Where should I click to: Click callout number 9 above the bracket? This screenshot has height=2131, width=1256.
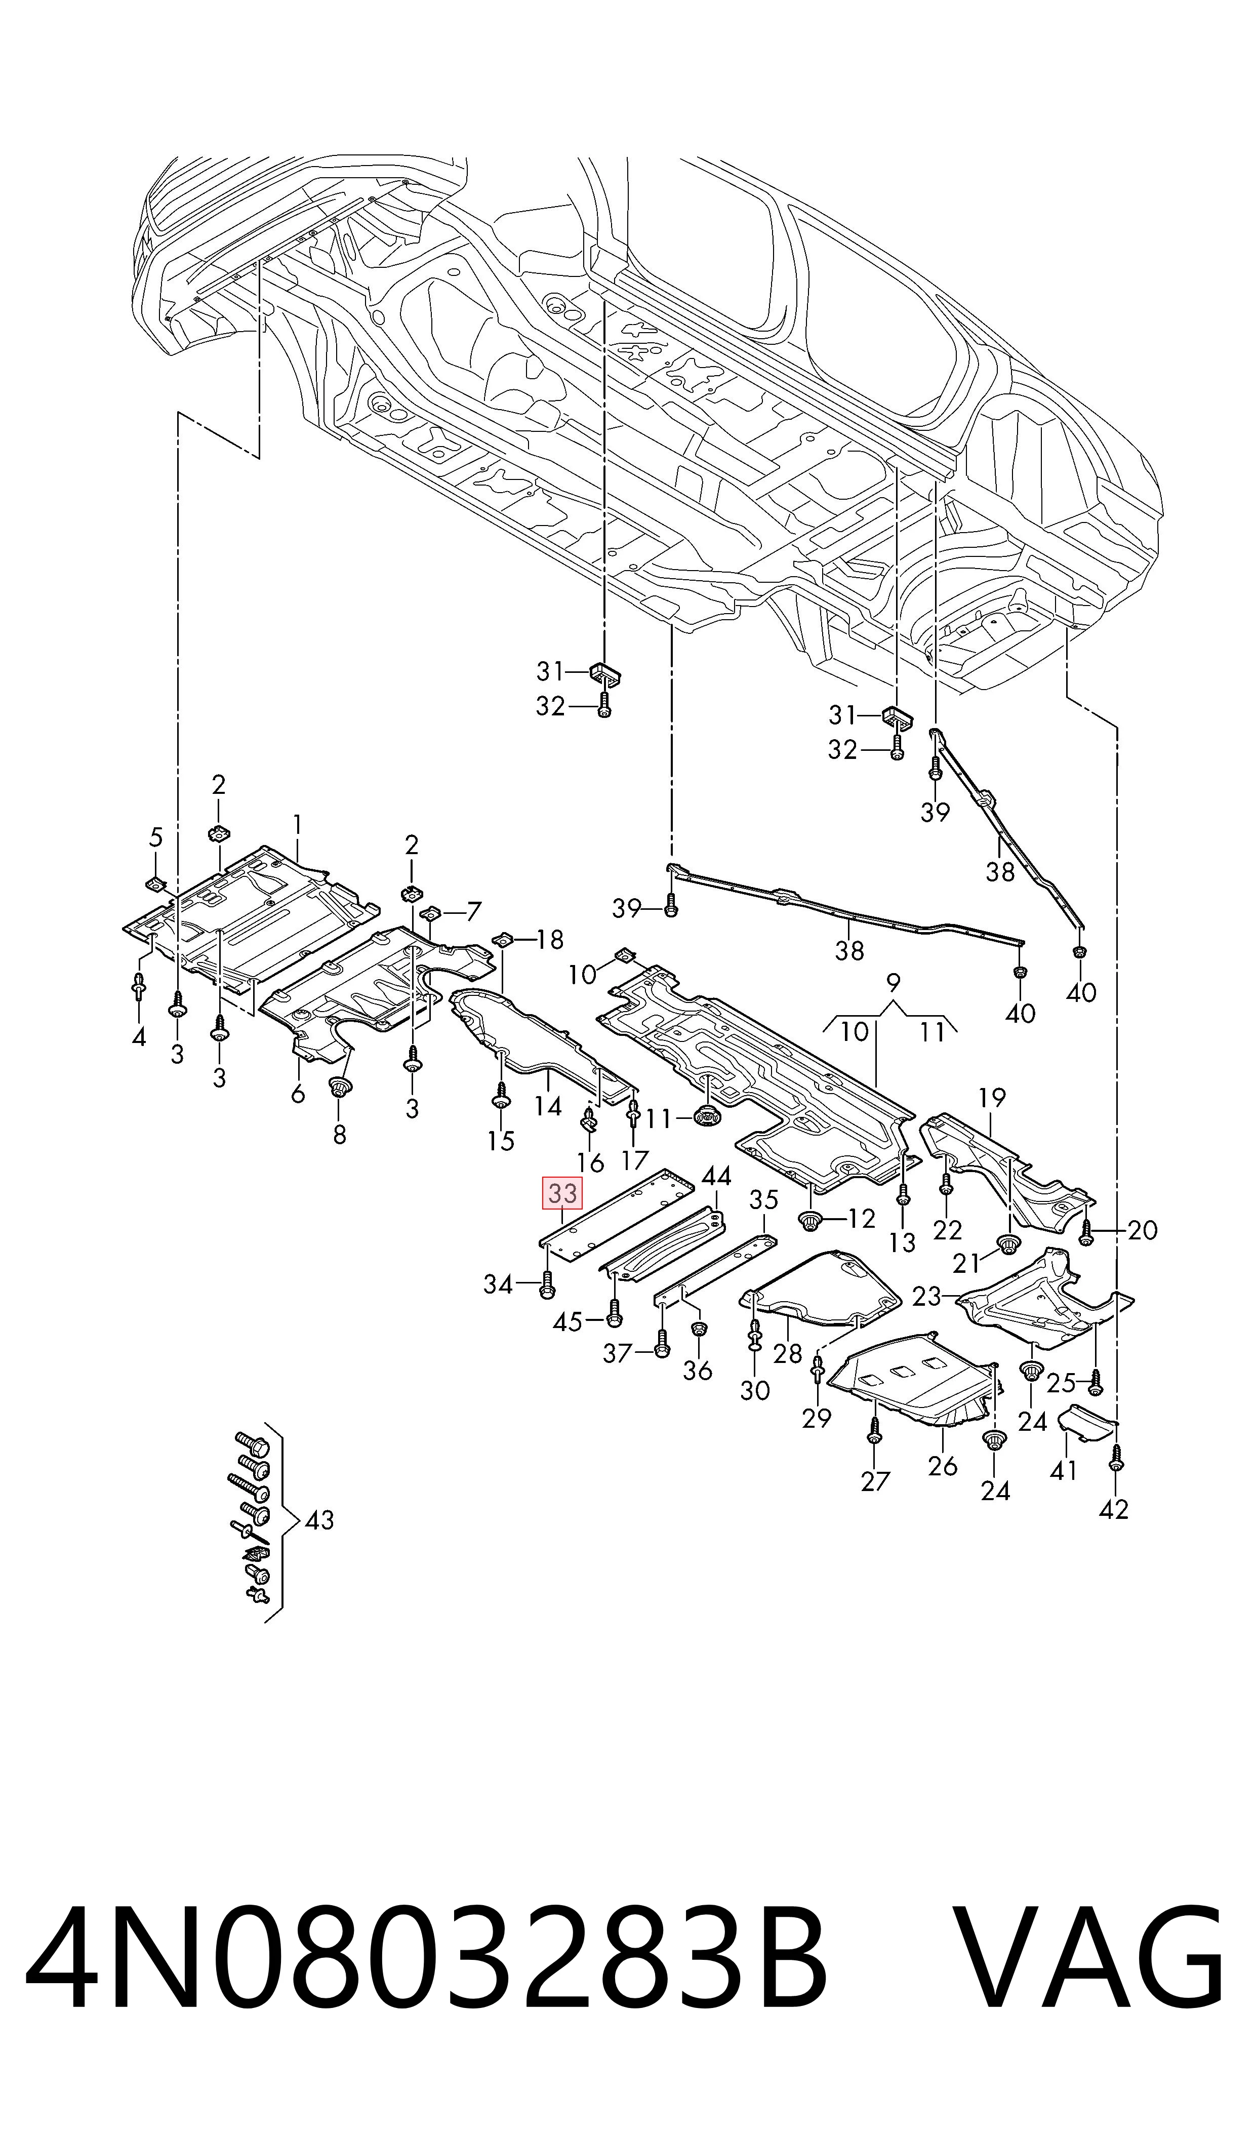(893, 983)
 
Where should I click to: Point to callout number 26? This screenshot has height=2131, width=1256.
(942, 1466)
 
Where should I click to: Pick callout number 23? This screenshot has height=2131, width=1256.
(927, 1296)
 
